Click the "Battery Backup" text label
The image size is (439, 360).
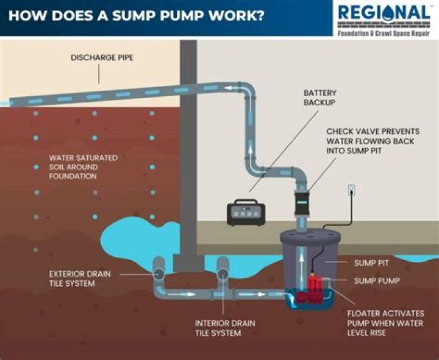coord(320,98)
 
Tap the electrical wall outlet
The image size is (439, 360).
coord(352,190)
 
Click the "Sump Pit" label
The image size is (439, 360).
coord(371,263)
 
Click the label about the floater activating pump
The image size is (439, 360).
coord(385,323)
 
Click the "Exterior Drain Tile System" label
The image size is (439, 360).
coord(80,278)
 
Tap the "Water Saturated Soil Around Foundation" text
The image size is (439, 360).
coord(84,167)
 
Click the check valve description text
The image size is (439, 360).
coord(370,141)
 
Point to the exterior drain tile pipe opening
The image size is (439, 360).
coord(159,266)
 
